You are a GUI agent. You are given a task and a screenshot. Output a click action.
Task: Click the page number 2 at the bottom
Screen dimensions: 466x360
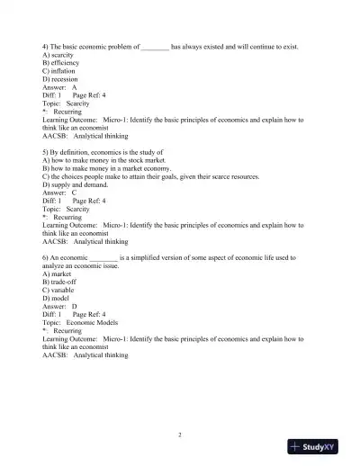[x=180, y=435]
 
